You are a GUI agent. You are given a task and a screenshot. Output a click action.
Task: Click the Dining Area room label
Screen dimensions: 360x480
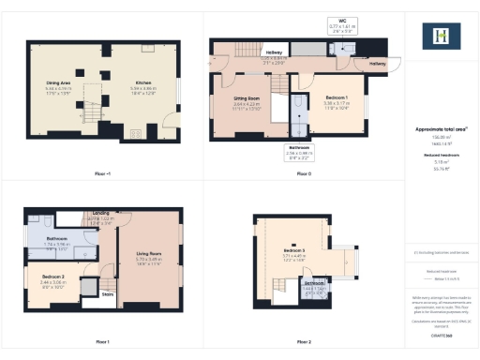pos(59,83)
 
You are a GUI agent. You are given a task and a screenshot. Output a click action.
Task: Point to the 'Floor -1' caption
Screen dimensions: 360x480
pos(102,173)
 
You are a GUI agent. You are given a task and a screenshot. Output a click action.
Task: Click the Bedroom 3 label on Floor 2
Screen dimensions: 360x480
pos(295,251)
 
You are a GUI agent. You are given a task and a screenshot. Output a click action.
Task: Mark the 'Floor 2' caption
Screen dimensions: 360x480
pos(305,342)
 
